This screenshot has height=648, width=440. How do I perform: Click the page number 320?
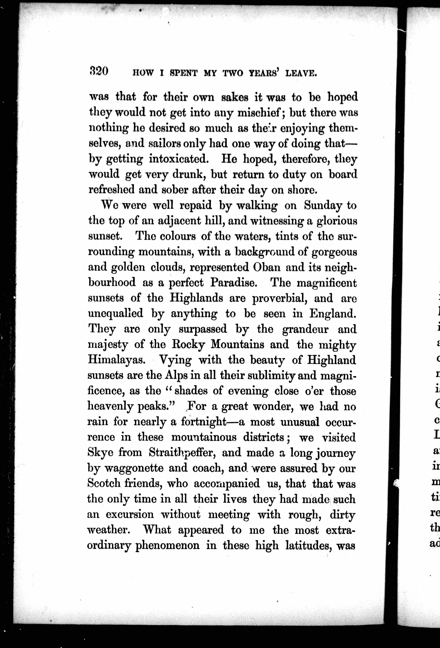point(99,71)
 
